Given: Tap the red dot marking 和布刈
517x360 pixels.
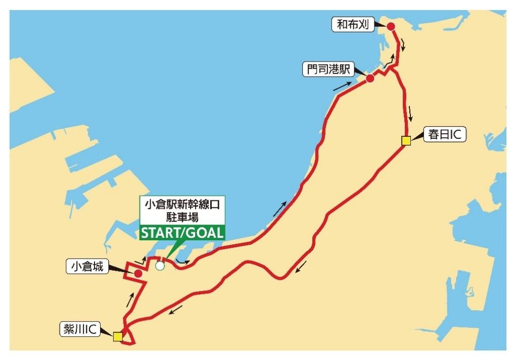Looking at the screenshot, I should pyautogui.click(x=390, y=26).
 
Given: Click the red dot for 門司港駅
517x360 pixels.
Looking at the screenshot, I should pyautogui.click(x=370, y=79).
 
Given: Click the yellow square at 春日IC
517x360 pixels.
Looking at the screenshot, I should pyautogui.click(x=405, y=141).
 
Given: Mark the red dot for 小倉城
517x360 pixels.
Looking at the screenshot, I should pyautogui.click(x=137, y=273).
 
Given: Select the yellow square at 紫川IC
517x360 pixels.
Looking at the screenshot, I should pyautogui.click(x=118, y=336).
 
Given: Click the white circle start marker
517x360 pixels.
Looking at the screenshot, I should pyautogui.click(x=160, y=266).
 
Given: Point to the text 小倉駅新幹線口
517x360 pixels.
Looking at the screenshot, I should pyautogui.click(x=182, y=206).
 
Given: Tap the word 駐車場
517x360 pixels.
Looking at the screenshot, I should pyautogui.click(x=182, y=218).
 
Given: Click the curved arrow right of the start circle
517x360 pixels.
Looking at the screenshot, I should pyautogui.click(x=182, y=262).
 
